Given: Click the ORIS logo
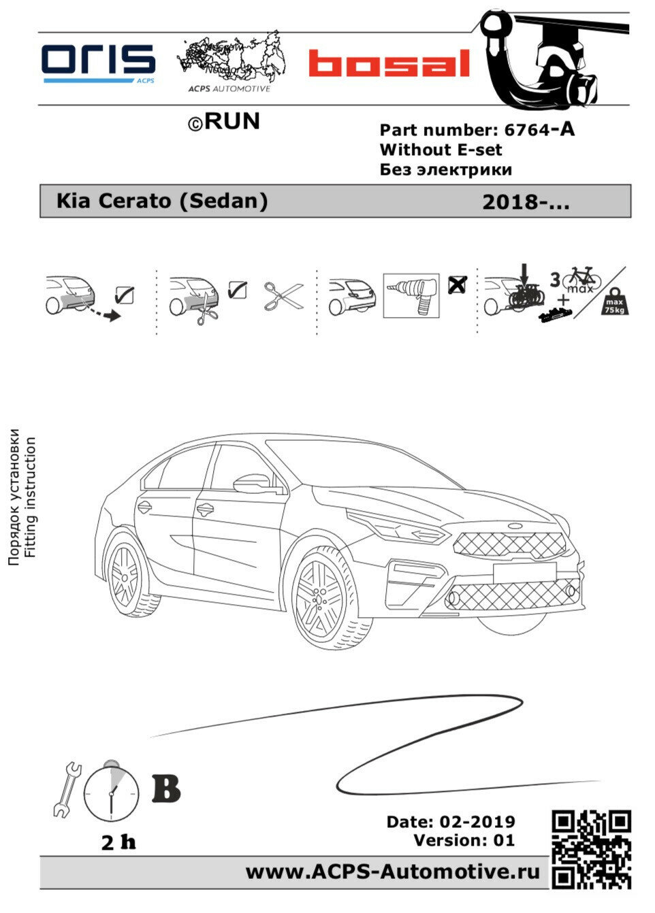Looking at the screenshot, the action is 99,63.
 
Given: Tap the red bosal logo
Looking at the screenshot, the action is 389,63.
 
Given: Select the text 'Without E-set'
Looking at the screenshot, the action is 441,150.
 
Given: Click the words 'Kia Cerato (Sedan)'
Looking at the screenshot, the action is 161,201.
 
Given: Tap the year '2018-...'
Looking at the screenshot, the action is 525,202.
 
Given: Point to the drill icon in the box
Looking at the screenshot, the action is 411,296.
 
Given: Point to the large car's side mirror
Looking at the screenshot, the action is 253,483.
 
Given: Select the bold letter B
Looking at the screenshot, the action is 166,788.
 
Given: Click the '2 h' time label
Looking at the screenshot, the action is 118,842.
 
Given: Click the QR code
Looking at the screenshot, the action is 591,849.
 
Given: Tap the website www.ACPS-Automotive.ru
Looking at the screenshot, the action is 393,871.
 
